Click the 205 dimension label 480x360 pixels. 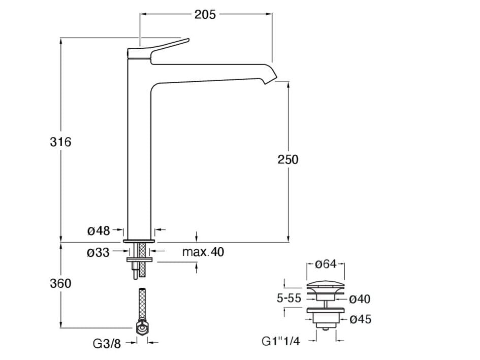[205, 15]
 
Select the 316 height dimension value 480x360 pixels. [60, 142]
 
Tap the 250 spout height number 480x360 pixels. [288, 159]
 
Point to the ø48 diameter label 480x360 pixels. [99, 231]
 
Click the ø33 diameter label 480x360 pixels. [99, 252]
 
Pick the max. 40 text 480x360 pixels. [203, 252]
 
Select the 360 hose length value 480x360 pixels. [60, 284]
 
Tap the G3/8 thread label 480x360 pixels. [107, 343]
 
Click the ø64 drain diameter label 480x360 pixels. [326, 264]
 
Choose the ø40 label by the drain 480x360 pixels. [360, 299]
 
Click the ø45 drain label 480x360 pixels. [361, 319]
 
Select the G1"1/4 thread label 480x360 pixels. [280, 341]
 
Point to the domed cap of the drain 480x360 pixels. [326, 286]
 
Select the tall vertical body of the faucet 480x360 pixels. [138, 152]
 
